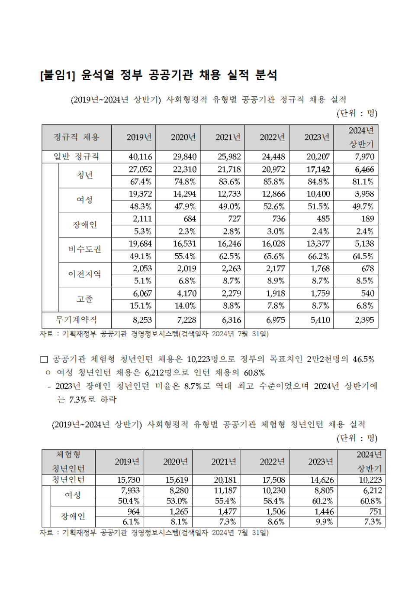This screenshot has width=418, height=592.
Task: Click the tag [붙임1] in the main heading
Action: (58, 75)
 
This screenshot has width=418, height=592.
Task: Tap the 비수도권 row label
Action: (85, 250)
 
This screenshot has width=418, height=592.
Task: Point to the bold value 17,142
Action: (318, 169)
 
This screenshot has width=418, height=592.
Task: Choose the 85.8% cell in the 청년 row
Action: (274, 182)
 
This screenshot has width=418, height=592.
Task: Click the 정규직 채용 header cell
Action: (77, 137)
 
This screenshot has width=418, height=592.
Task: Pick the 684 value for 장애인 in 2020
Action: (190, 219)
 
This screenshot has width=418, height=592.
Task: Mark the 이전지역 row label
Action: (85, 274)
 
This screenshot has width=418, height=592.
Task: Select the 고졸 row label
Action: (85, 299)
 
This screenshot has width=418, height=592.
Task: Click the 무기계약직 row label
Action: (77, 320)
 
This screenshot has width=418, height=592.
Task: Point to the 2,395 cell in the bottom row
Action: (364, 320)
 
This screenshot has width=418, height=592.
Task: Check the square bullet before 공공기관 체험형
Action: (44, 359)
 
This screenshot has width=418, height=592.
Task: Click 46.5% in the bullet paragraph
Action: (363, 359)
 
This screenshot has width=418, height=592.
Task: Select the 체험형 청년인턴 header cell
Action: (68, 462)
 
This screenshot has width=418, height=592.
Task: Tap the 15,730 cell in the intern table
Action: (129, 480)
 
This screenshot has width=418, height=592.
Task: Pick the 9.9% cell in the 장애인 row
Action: (324, 522)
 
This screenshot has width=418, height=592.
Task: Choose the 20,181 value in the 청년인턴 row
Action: (225, 480)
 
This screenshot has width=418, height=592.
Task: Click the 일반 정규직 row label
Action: (77, 157)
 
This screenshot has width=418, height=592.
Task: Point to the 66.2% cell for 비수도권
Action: (318, 256)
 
